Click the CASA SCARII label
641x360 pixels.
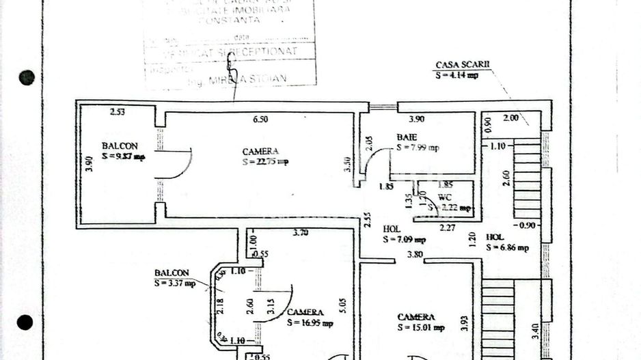463,66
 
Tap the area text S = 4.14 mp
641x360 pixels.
456,75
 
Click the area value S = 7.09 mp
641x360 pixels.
404,240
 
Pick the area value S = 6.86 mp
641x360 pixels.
507,248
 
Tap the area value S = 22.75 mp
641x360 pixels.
264,162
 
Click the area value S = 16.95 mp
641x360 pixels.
310,322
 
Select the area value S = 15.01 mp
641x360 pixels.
421,328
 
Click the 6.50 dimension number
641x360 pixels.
260,119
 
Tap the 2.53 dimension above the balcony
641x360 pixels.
119,112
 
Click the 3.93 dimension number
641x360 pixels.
465,323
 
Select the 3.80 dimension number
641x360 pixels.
414,255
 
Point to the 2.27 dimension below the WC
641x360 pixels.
448,227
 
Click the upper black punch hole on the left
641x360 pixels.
27,77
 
